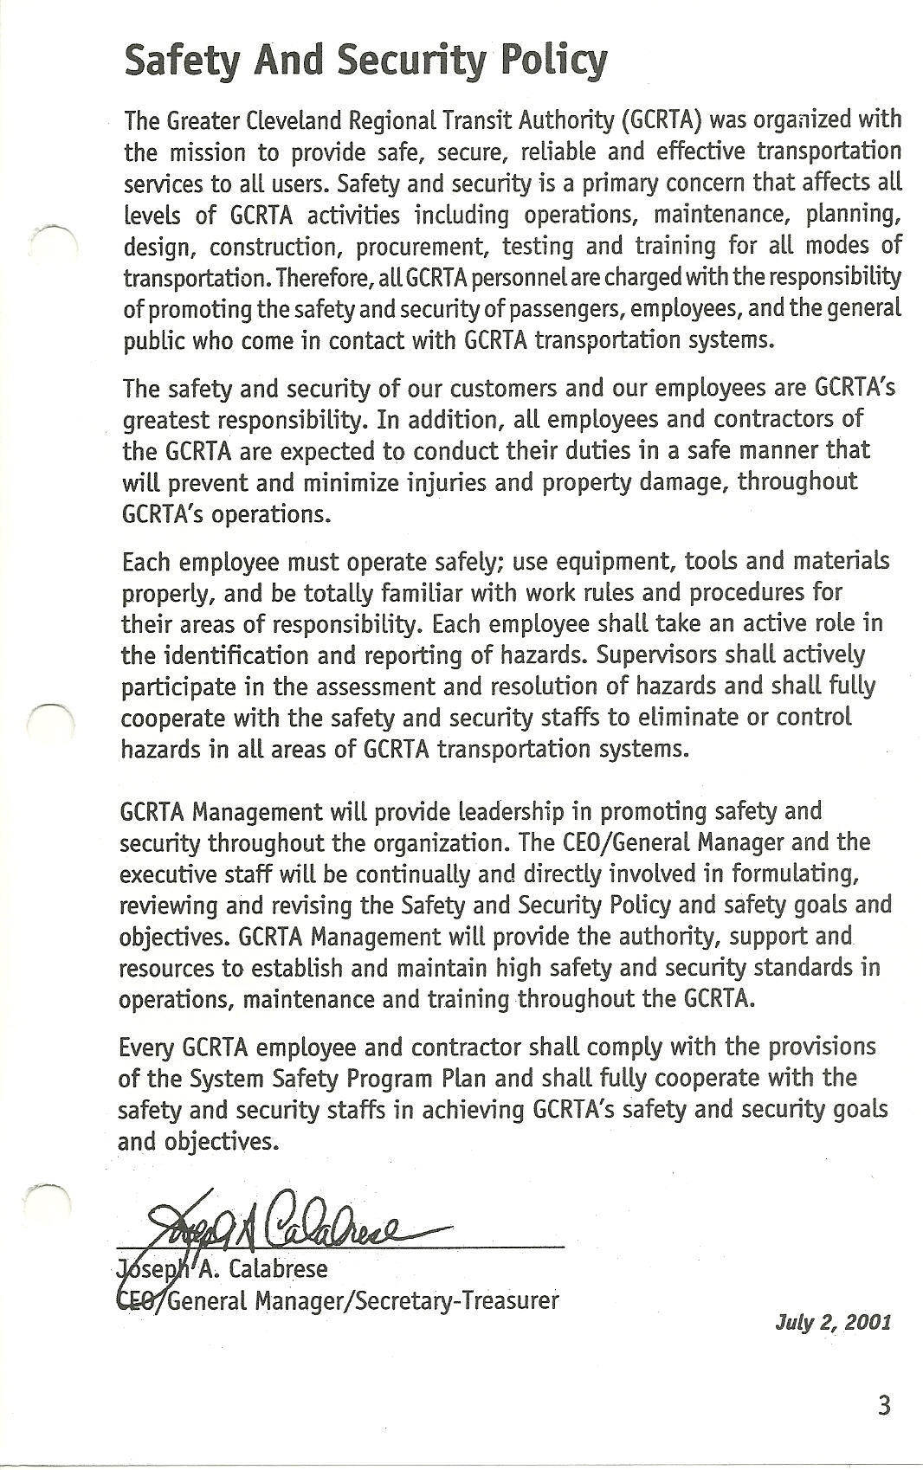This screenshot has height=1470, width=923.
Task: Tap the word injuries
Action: coord(450,482)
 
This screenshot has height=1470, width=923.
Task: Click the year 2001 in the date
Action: coord(868,1323)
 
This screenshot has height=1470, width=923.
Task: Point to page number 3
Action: coord(883,1405)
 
